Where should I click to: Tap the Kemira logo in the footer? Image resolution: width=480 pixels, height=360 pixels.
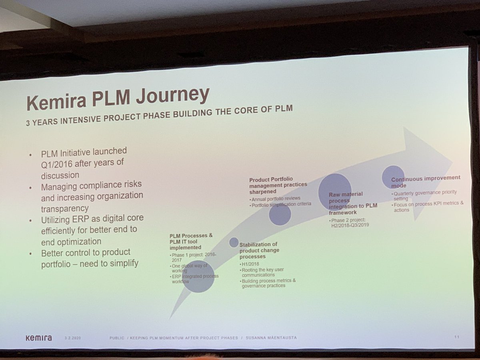tap(38, 338)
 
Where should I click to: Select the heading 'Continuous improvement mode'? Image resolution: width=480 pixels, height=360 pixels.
tap(426, 181)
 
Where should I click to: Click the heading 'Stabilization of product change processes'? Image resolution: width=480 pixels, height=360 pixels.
tap(259, 250)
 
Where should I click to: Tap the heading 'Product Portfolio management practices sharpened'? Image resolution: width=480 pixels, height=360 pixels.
tap(278, 185)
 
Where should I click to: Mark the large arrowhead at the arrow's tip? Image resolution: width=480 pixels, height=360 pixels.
tap(428, 168)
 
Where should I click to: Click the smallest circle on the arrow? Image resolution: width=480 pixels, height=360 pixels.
tap(234, 242)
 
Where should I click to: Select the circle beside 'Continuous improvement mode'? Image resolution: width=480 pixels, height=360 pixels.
tap(393, 177)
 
